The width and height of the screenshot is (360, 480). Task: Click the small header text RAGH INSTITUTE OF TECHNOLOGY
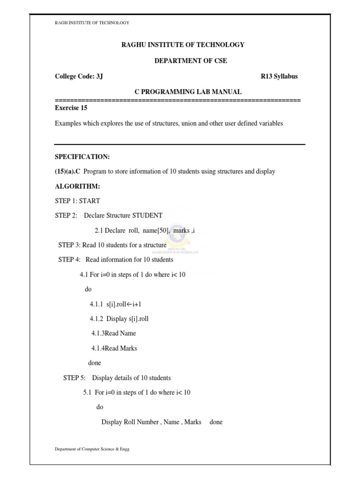click(x=92, y=22)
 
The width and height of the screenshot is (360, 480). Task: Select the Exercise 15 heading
click(x=71, y=108)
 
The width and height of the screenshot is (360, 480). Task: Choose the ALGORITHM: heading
click(x=75, y=187)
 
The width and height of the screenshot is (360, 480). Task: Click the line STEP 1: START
click(x=77, y=201)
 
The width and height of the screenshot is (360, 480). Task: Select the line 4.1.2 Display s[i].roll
click(x=120, y=319)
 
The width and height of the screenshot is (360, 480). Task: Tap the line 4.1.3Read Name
click(x=113, y=333)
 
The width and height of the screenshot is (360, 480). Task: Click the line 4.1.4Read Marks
click(x=114, y=348)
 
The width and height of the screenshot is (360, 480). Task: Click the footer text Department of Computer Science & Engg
click(x=92, y=449)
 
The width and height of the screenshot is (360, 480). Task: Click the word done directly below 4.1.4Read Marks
click(x=94, y=363)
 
